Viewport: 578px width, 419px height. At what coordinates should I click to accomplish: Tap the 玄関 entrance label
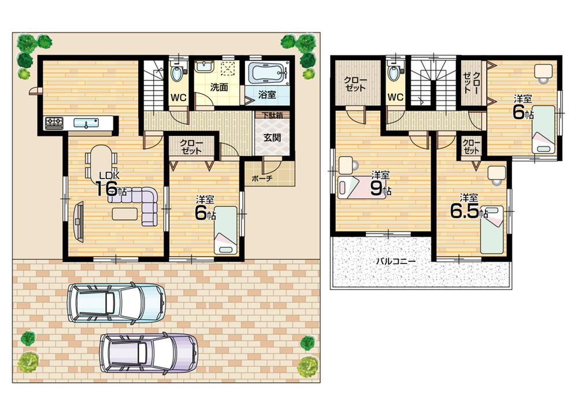270,139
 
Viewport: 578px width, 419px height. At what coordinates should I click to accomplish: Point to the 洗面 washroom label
218,88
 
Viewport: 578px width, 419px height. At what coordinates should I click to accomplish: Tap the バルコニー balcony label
396,261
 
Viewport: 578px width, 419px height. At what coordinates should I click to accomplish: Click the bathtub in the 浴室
267,74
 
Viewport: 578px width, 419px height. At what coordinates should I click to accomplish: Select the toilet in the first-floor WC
178,74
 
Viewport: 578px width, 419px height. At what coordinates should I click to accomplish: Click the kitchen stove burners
55,122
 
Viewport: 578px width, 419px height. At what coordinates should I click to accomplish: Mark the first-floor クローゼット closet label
191,146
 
